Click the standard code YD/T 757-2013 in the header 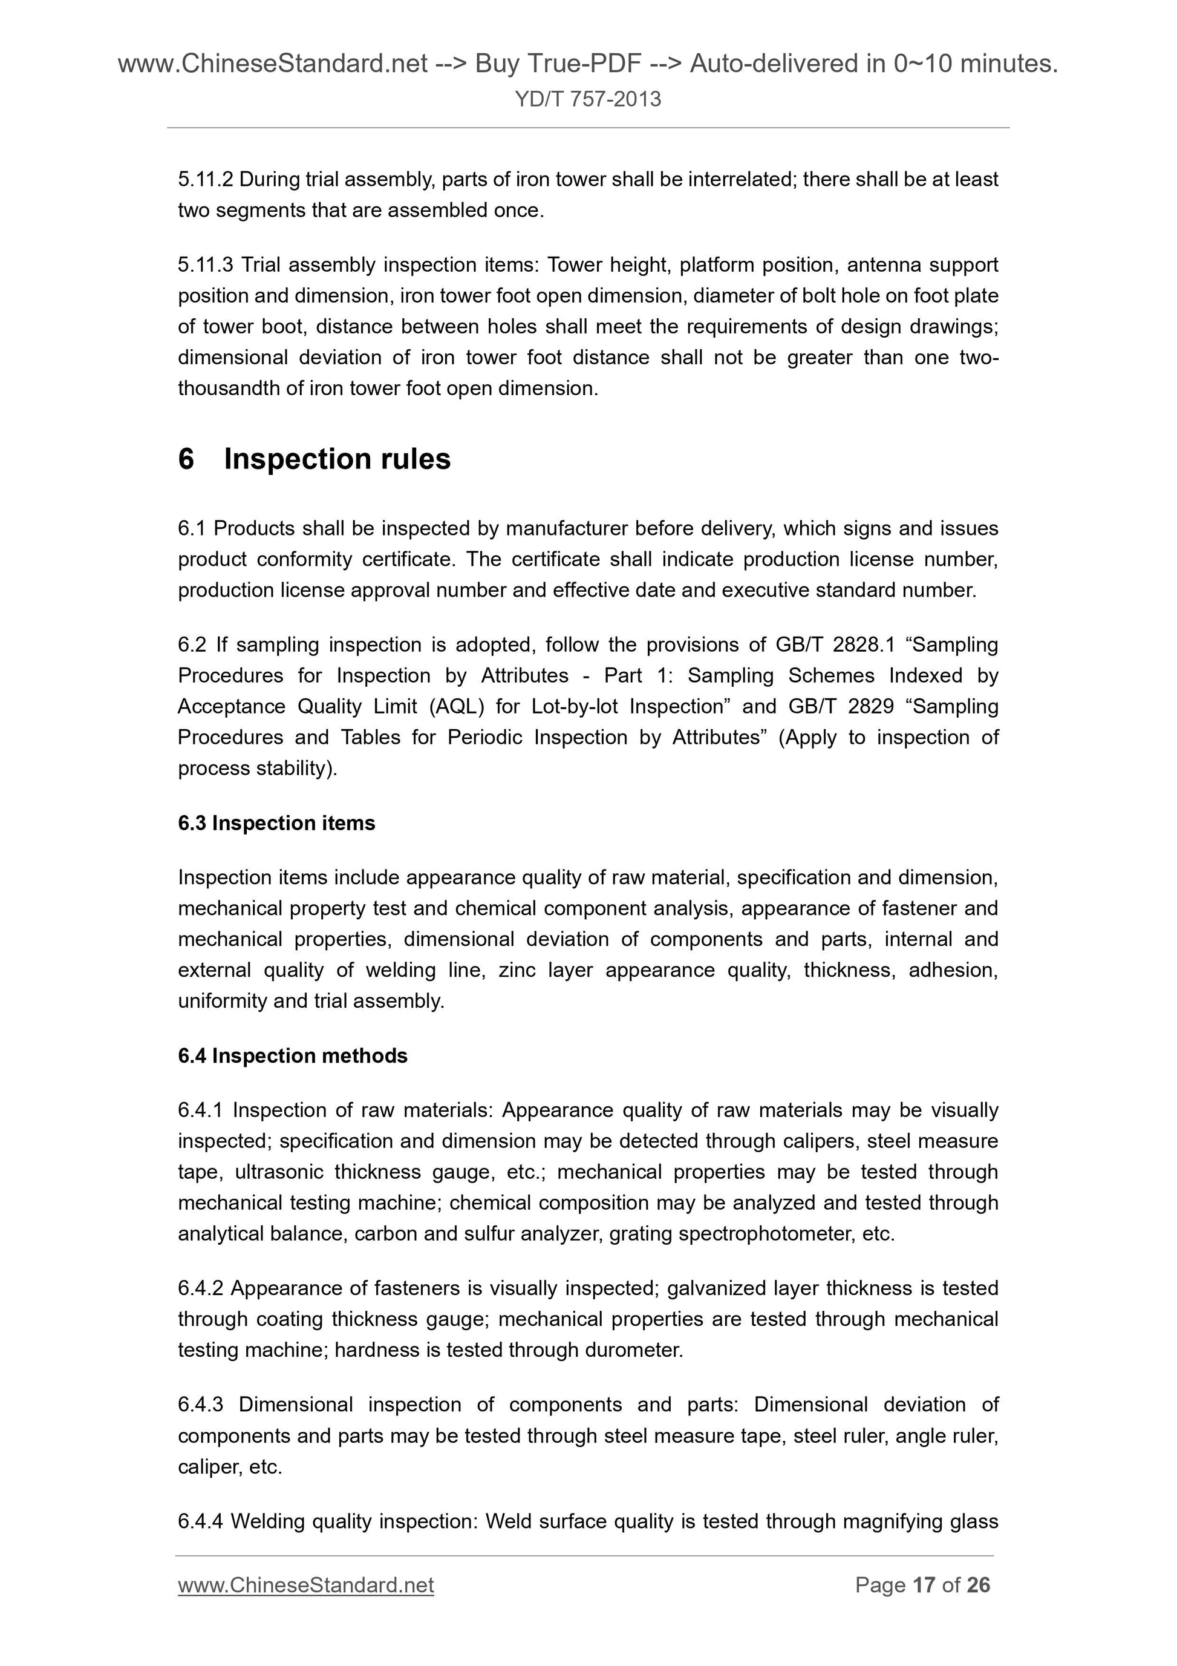(587, 99)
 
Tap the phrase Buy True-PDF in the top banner (558, 65)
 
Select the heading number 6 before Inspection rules (186, 459)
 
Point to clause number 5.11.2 (204, 179)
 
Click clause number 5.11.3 (205, 265)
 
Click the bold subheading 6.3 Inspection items (276, 823)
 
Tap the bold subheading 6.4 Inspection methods (292, 1056)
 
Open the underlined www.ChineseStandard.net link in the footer (305, 1586)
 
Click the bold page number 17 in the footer (923, 1585)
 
